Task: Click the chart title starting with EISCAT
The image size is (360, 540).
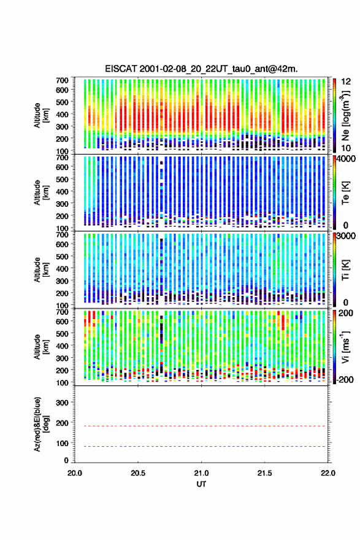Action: click(x=201, y=69)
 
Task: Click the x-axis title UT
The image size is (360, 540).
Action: click(x=201, y=484)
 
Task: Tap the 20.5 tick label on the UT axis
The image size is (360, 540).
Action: click(x=138, y=473)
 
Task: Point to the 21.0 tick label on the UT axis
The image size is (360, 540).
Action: click(x=201, y=473)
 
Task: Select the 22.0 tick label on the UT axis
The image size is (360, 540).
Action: click(x=328, y=473)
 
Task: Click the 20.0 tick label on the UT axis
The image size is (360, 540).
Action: click(x=75, y=473)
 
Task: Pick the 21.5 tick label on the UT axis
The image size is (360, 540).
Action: click(x=265, y=473)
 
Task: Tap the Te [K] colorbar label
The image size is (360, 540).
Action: click(x=345, y=193)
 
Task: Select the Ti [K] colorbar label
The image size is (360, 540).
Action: click(x=345, y=269)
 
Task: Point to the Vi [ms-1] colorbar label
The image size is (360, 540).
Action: click(x=345, y=347)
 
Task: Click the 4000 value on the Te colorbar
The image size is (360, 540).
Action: click(x=346, y=159)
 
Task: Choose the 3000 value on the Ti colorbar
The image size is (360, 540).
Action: click(x=346, y=236)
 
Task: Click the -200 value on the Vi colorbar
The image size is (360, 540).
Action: click(x=345, y=379)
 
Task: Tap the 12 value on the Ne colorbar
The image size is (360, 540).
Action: click(x=346, y=81)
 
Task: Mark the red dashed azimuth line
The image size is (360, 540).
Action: click(x=201, y=426)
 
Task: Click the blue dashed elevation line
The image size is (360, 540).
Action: click(x=201, y=446)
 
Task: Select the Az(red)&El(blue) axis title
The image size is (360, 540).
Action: click(x=40, y=424)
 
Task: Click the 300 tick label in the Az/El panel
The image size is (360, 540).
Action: click(x=62, y=403)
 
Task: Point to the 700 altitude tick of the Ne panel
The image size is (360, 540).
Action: click(x=62, y=80)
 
